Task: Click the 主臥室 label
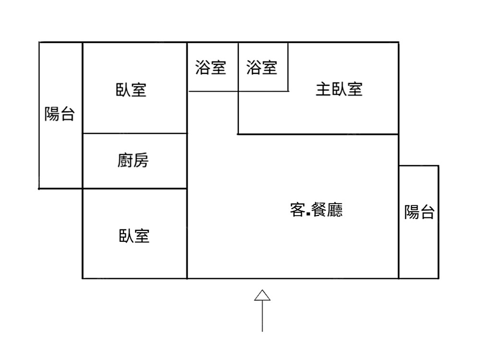point(339,89)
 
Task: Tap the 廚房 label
point(133,160)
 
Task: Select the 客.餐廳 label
point(316,210)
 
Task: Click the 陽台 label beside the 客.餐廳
point(419,212)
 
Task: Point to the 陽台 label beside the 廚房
point(60,114)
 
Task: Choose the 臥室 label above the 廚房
point(131,89)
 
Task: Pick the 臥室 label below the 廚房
point(134,236)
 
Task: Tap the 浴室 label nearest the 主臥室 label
point(262,67)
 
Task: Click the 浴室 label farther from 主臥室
point(211,67)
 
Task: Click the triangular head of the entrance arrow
point(262,296)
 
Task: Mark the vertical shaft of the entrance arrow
point(262,317)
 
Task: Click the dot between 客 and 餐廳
point(306,215)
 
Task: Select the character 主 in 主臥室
point(323,89)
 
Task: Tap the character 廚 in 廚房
point(125,160)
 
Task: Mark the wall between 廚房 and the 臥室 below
point(134,189)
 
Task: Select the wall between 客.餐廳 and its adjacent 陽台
point(398,221)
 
